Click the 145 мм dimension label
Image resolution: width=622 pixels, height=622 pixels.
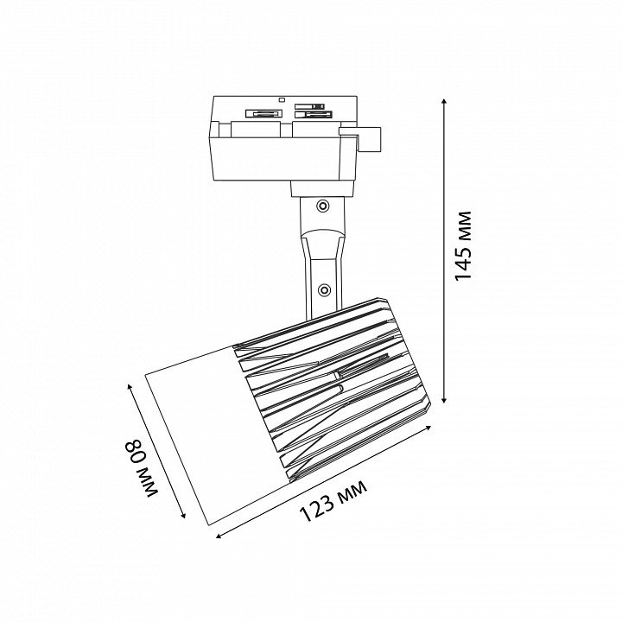(462, 246)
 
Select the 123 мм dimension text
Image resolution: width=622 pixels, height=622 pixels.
(333, 501)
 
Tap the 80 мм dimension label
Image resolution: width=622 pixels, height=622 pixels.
(142, 467)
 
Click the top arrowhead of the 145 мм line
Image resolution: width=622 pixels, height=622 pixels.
(444, 102)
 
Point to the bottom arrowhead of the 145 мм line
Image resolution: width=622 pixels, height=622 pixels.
(444, 399)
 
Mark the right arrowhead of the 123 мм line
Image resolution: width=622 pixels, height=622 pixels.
(428, 428)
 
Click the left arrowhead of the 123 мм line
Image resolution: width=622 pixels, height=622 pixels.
(219, 536)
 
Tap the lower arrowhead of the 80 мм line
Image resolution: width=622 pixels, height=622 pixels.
(183, 515)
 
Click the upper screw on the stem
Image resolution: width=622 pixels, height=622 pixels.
(323, 206)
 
